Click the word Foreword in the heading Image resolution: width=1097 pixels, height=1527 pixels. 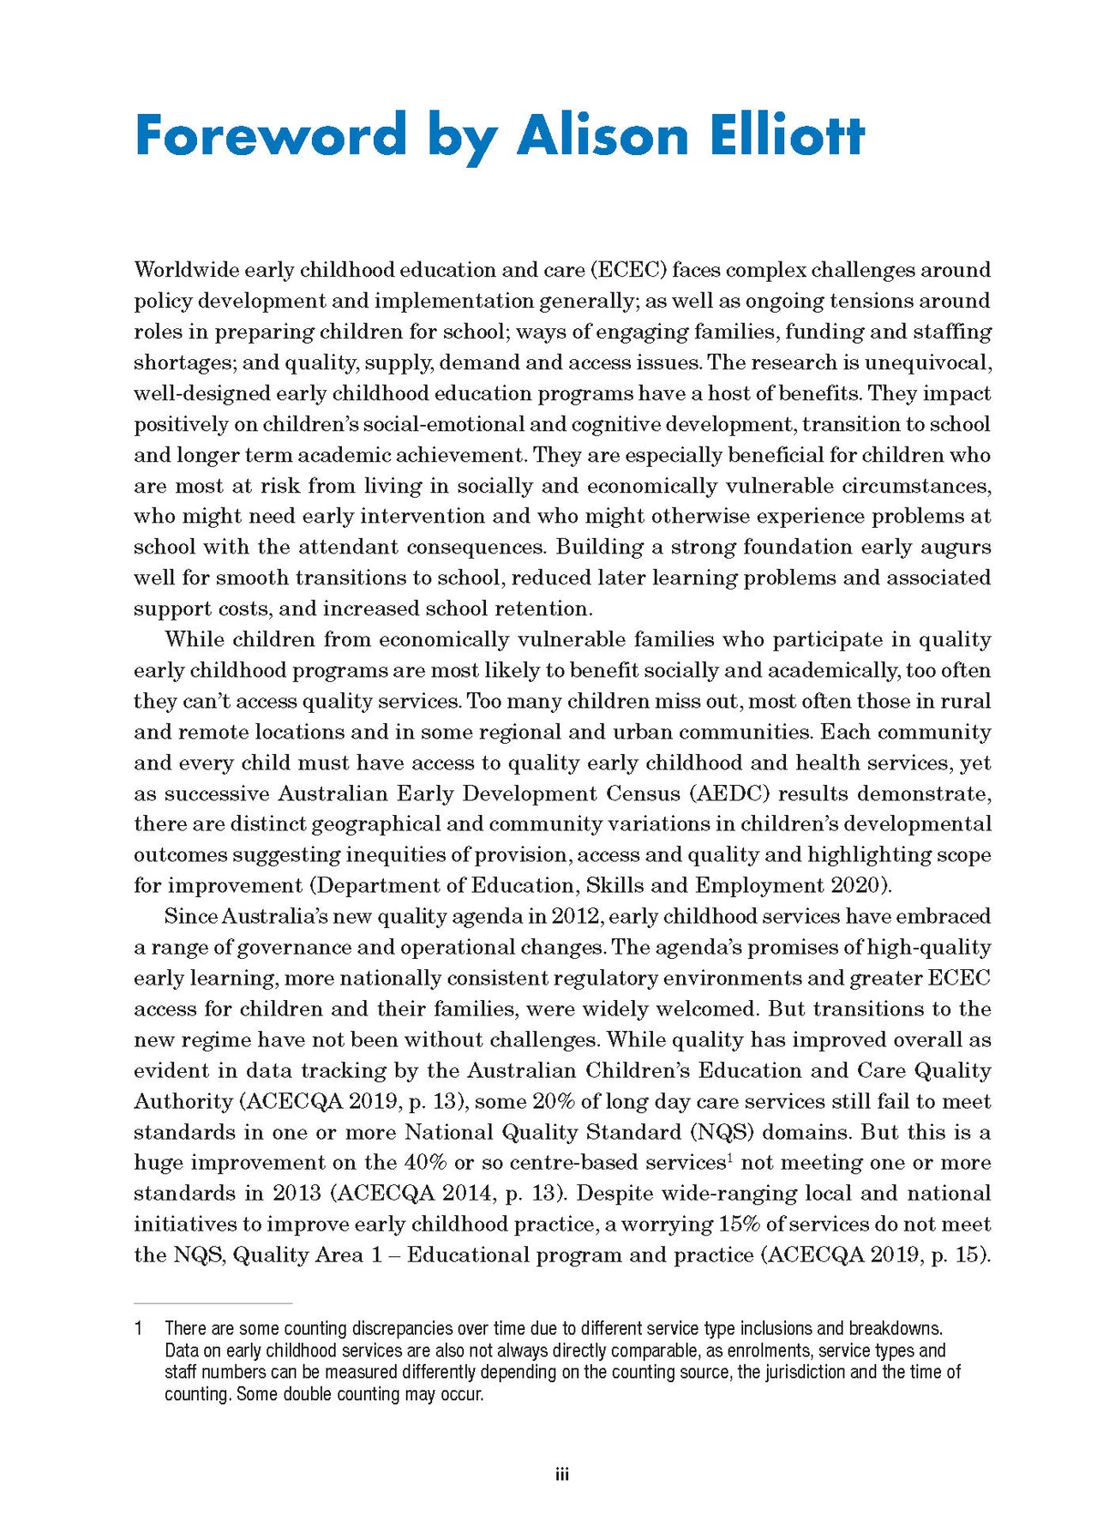[x=271, y=135]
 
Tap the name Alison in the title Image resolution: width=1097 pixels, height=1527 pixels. [x=602, y=135]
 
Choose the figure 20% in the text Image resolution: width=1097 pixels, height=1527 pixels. [x=554, y=1101]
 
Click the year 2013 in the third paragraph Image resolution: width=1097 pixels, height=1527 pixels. [x=297, y=1194]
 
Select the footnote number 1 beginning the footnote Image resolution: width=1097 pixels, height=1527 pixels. [x=138, y=1328]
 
